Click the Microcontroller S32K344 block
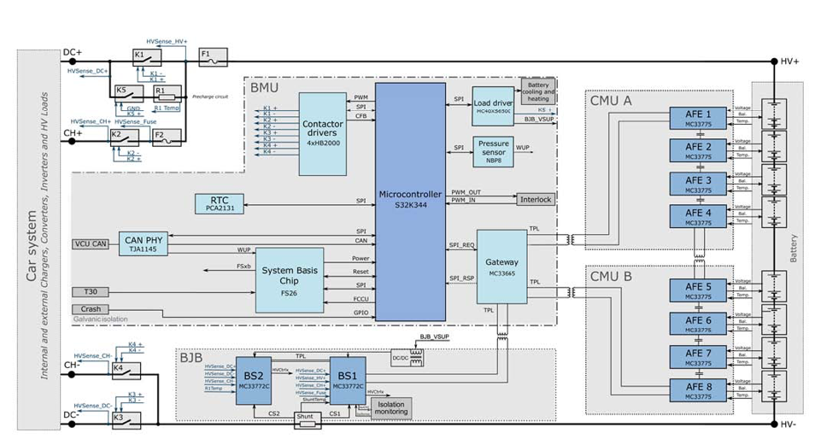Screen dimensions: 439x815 point(410,201)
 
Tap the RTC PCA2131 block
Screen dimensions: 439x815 point(220,202)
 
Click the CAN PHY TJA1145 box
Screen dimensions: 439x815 point(142,243)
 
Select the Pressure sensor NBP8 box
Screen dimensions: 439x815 point(493,151)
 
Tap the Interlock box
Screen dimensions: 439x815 point(536,199)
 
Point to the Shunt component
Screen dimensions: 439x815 point(306,419)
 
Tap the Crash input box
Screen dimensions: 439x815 point(91,309)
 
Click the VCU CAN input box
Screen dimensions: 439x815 point(91,244)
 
